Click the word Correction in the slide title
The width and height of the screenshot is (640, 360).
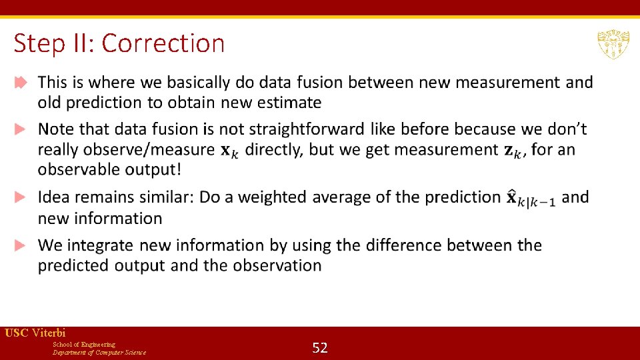(x=163, y=43)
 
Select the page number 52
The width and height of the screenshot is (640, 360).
(x=320, y=347)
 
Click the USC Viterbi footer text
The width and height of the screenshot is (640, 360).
(x=35, y=333)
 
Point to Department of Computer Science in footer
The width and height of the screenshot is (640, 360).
(x=99, y=352)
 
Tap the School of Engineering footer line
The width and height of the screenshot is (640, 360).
(x=84, y=344)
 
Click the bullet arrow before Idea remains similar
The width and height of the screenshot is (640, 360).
(x=21, y=197)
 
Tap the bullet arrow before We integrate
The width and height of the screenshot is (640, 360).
(x=21, y=245)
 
